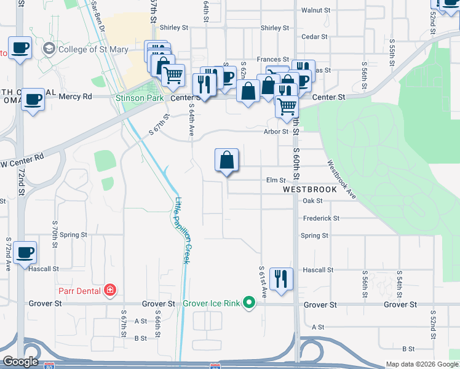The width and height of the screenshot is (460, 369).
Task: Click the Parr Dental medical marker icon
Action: coord(109,290)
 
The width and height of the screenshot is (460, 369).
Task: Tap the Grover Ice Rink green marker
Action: coord(248,303)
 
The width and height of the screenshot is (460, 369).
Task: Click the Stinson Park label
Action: coord(132,97)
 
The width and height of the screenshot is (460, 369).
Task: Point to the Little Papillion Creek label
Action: coord(182,230)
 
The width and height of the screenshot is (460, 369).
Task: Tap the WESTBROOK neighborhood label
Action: coord(310,189)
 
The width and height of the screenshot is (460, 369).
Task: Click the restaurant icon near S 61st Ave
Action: coord(281,279)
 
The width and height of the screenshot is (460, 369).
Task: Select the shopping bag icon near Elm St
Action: coord(227,161)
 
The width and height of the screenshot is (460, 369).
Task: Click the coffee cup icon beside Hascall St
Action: coord(25,253)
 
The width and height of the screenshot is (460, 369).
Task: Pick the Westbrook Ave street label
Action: coord(342,179)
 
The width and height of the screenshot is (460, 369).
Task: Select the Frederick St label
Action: coord(320,218)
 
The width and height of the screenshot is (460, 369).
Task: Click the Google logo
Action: coord(20,362)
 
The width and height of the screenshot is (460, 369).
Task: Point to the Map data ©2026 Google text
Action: coord(421,364)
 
